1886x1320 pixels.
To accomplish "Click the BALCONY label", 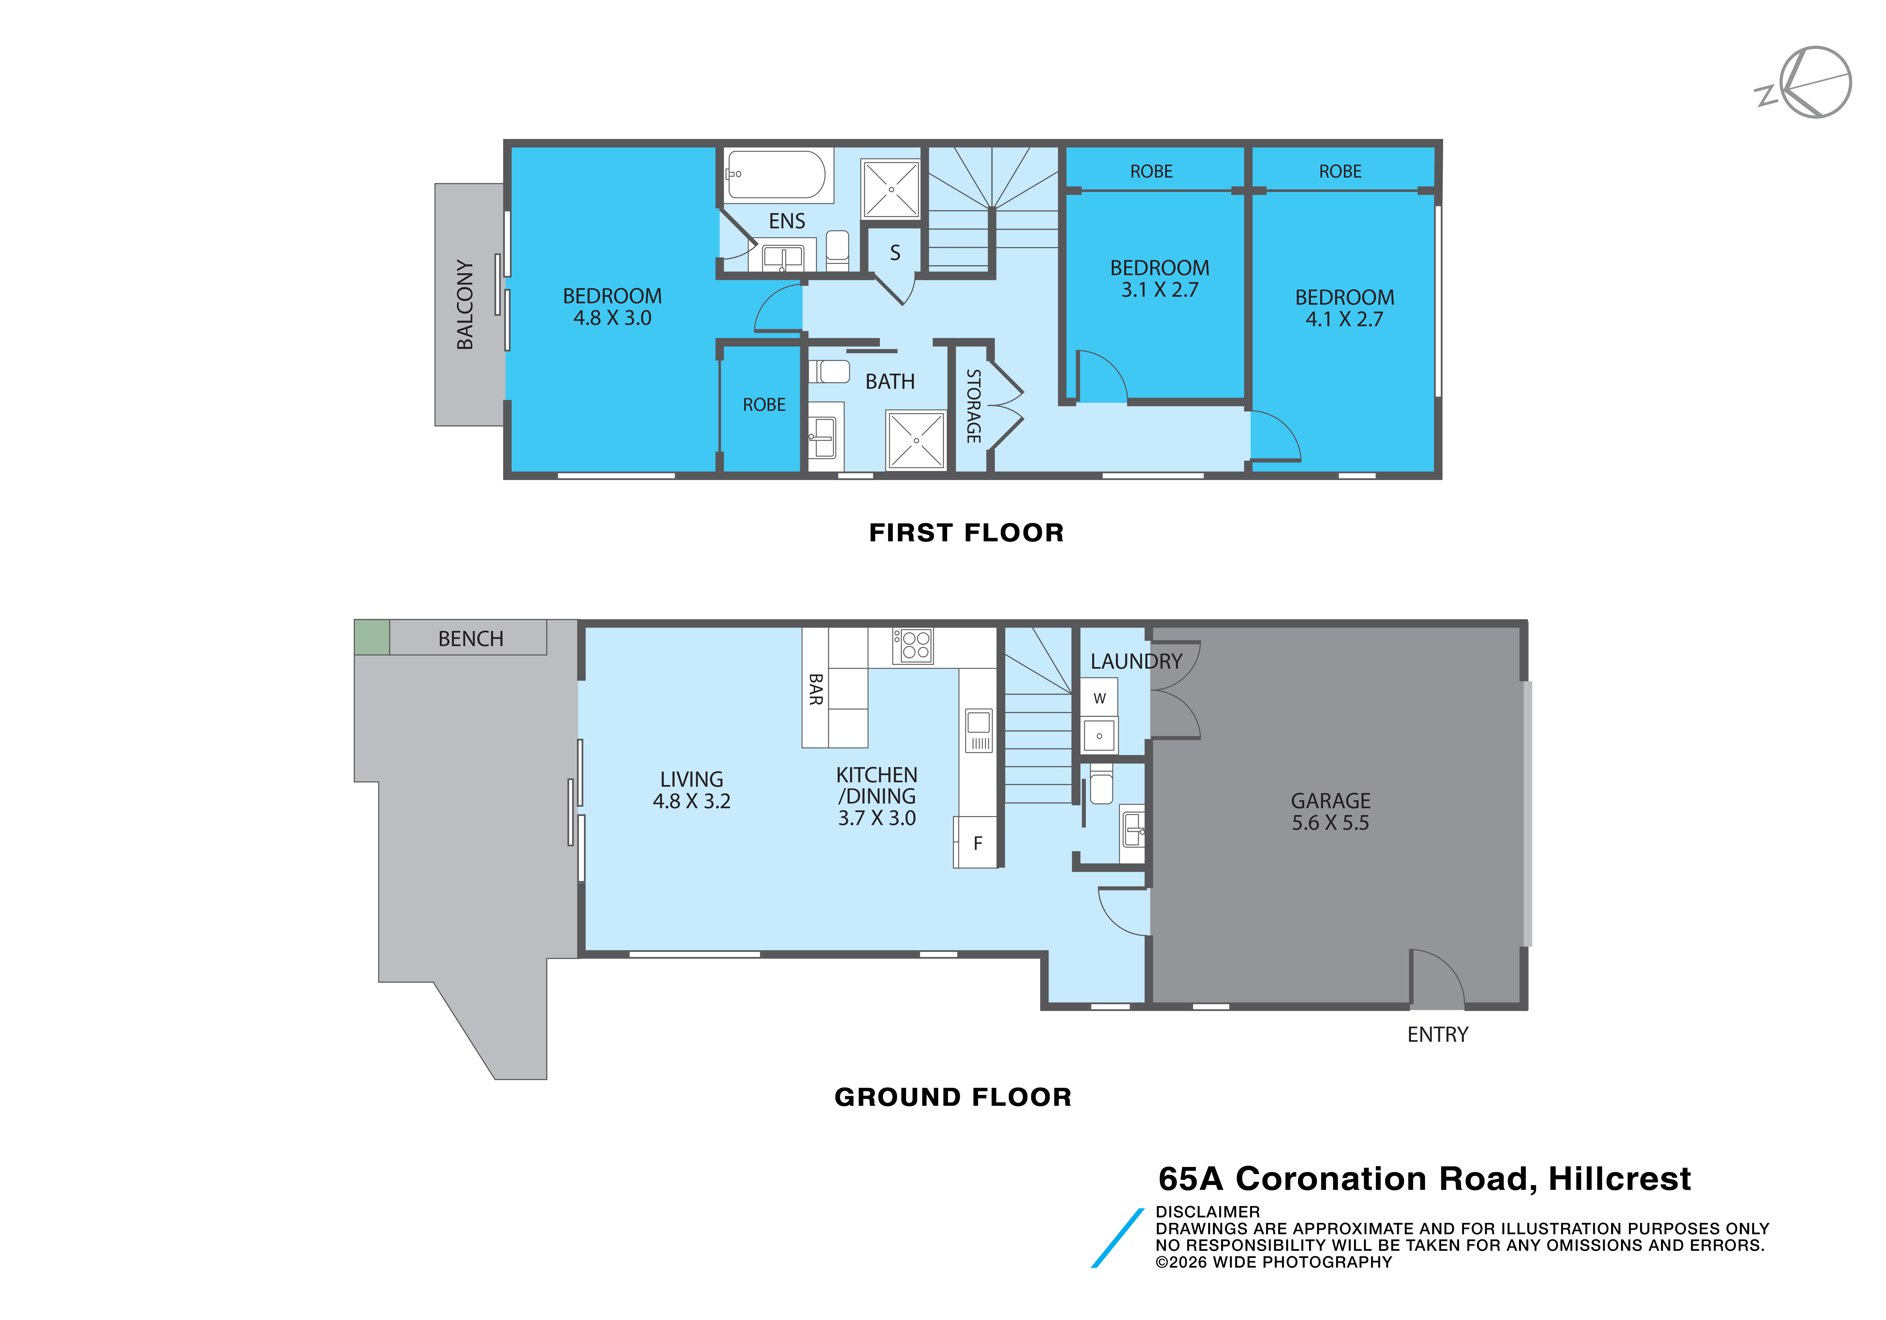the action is pos(465,305).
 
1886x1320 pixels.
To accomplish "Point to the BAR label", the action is pos(816,689).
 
